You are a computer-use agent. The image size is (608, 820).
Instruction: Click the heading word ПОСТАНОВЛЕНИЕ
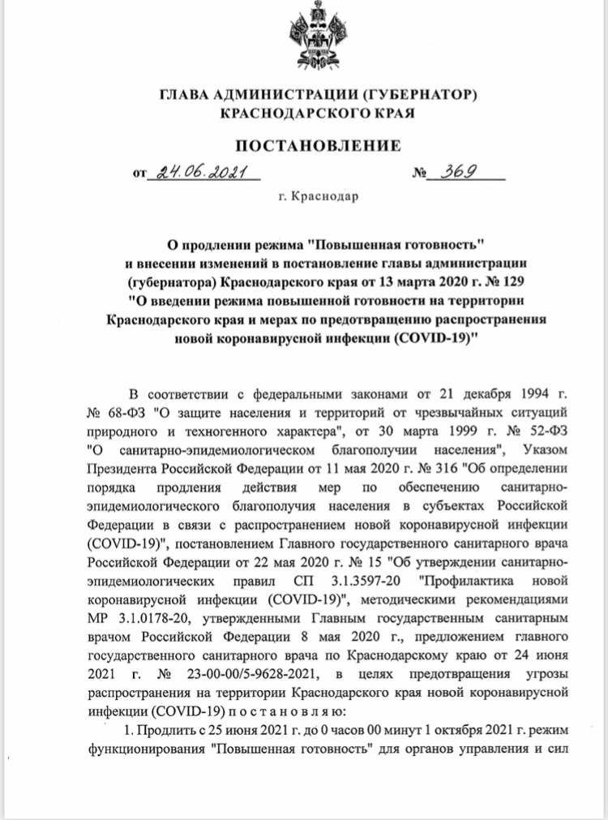(x=318, y=146)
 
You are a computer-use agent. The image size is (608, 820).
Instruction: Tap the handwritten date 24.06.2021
(x=195, y=173)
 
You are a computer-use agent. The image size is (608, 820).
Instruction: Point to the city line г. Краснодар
(x=318, y=196)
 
